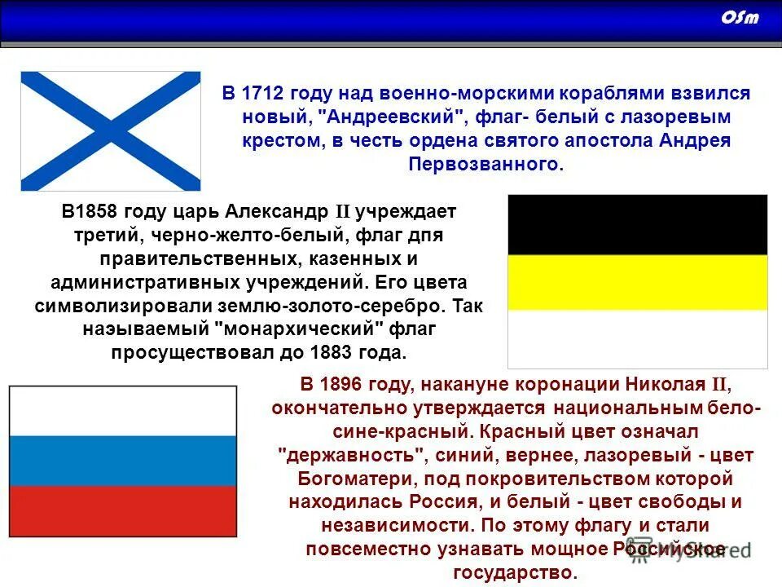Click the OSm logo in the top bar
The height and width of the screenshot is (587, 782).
click(740, 18)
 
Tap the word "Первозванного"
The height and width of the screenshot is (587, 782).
click(484, 164)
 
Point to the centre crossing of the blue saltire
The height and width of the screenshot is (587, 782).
click(111, 130)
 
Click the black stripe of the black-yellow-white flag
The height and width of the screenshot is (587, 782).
click(637, 224)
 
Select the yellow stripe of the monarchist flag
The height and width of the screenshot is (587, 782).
click(637, 282)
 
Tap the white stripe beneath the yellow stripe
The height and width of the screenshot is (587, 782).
click(637, 338)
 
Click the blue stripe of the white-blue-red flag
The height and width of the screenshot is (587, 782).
click(122, 461)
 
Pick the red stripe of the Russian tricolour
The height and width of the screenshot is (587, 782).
click(122, 511)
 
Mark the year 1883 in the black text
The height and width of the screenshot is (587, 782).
click(330, 353)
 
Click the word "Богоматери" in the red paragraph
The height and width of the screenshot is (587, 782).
click(343, 478)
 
